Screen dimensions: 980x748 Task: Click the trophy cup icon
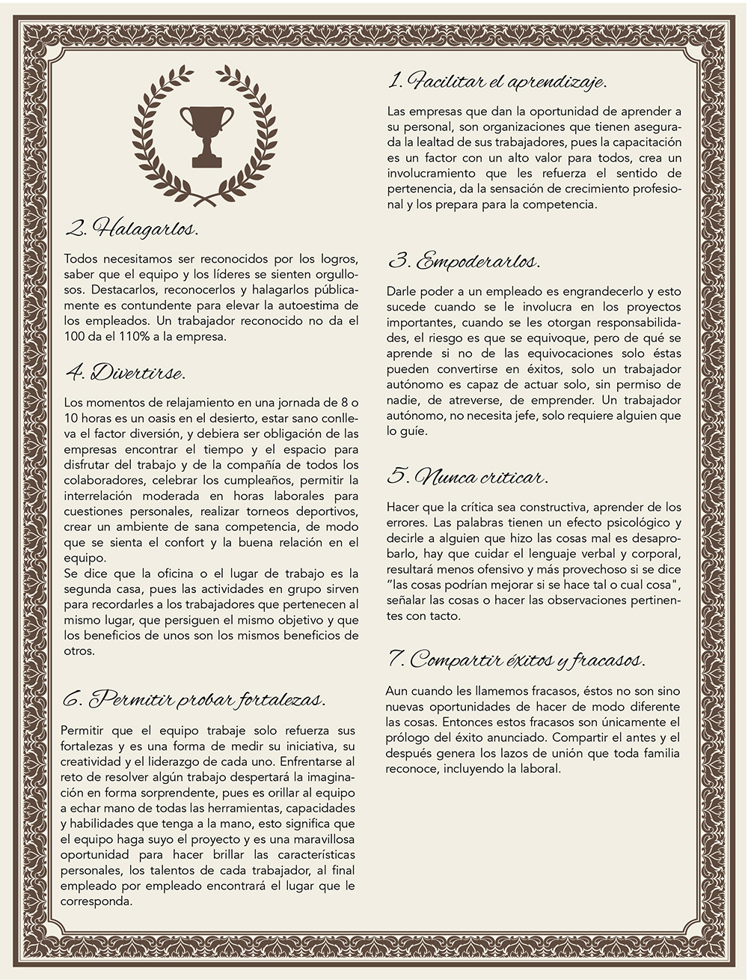[206, 134]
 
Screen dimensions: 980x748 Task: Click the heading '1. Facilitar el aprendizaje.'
[497, 81]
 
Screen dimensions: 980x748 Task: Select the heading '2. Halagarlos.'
[132, 228]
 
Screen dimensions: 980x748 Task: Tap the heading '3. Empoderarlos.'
[464, 262]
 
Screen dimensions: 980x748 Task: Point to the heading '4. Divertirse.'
[125, 372]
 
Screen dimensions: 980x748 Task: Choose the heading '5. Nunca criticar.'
[467, 477]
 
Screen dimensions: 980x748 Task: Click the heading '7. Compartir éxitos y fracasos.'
[517, 660]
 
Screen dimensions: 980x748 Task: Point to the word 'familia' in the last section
[660, 752]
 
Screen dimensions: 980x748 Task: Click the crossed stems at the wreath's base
[206, 198]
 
